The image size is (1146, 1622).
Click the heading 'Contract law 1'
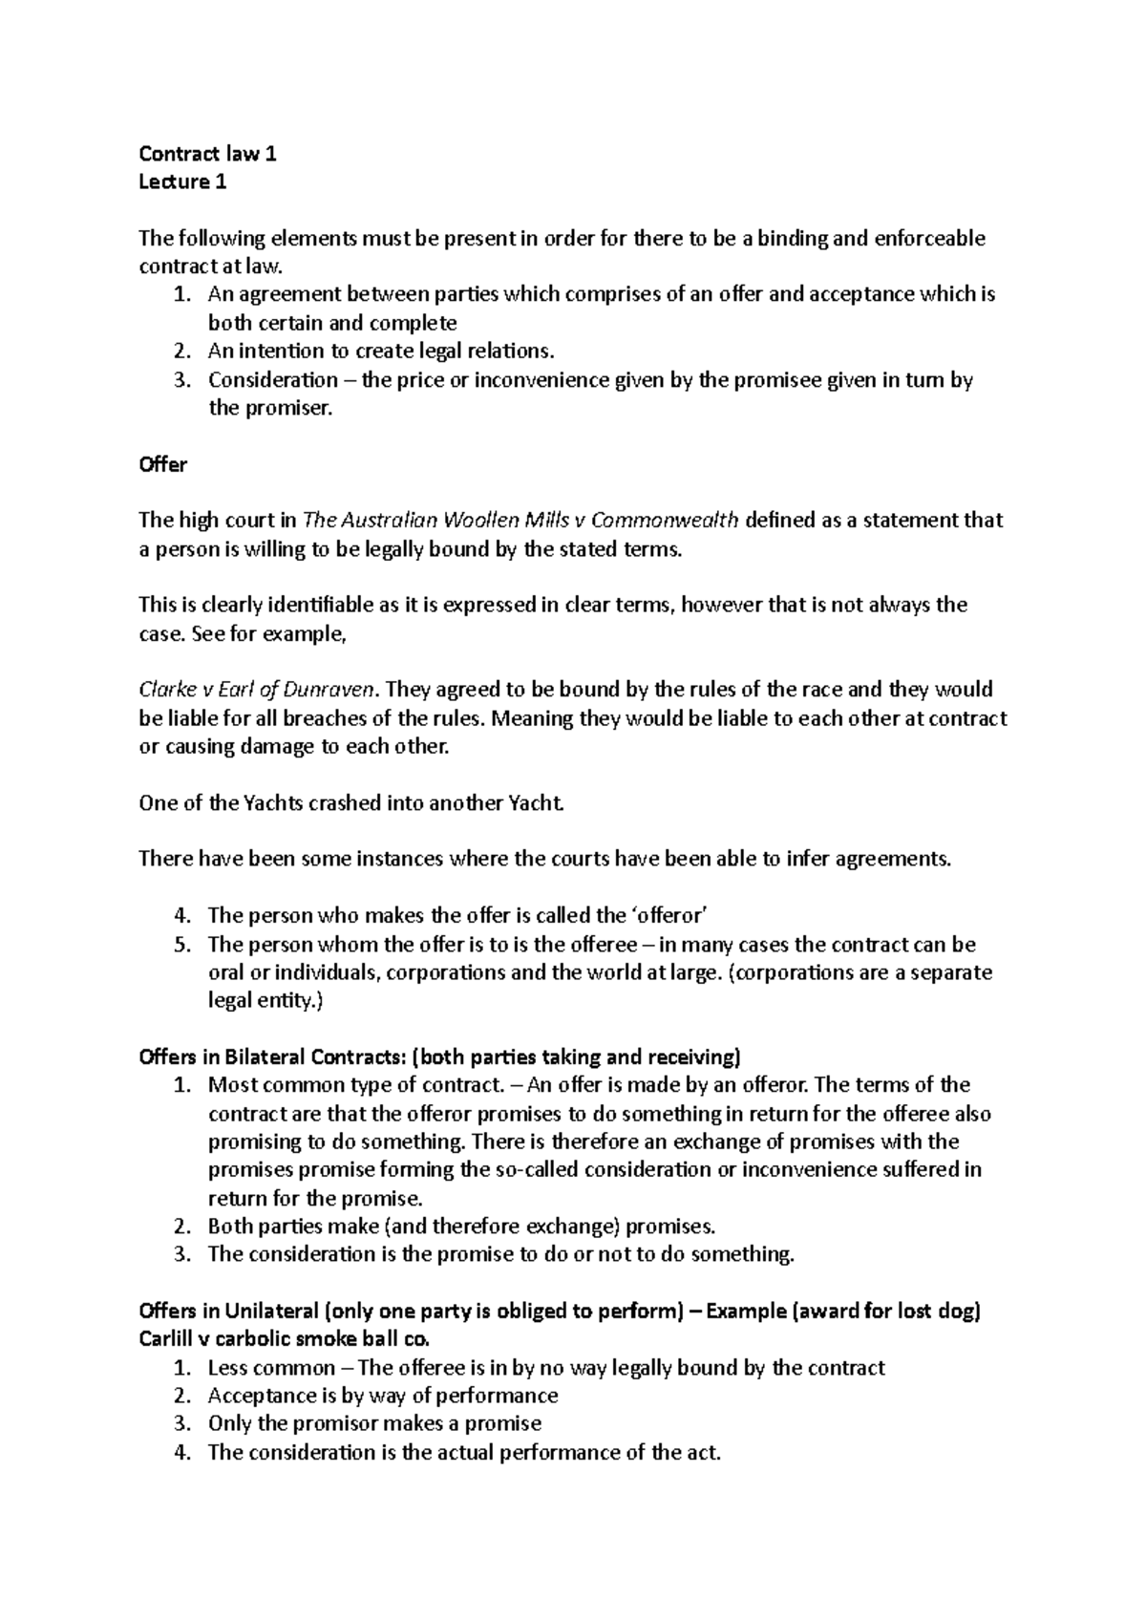coord(207,154)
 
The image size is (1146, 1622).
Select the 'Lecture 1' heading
coord(182,182)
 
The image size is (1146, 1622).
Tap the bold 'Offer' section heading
coord(162,464)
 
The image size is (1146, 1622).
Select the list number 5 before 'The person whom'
coord(183,945)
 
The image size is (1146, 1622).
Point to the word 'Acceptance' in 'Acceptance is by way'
coord(257,1396)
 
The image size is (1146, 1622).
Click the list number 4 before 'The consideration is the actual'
coord(183,1452)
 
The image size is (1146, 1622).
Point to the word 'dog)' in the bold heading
coord(958,1311)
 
